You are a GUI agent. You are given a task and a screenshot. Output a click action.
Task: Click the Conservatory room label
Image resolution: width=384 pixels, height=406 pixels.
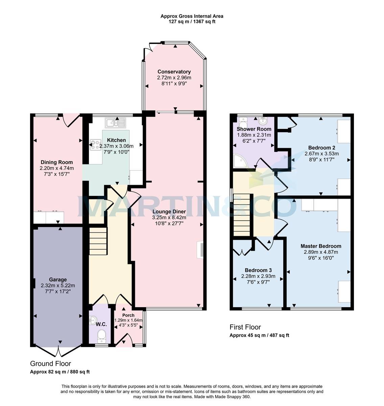click(174, 72)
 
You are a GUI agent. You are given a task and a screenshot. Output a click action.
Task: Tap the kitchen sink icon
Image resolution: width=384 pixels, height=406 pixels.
click(115, 123)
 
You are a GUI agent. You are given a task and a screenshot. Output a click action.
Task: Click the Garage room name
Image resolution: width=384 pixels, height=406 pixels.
click(58, 280)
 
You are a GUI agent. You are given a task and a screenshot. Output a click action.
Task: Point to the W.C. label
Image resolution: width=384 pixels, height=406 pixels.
click(101, 324)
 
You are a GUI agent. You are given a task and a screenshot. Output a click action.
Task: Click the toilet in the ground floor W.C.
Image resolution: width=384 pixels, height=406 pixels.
click(101, 336)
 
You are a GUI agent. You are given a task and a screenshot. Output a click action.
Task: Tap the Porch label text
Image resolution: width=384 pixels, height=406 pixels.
click(128, 315)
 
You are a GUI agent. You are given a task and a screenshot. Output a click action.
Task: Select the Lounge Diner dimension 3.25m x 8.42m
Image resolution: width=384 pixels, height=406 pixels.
click(169, 218)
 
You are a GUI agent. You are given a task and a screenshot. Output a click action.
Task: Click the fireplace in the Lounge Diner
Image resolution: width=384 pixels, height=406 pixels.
click(201, 250)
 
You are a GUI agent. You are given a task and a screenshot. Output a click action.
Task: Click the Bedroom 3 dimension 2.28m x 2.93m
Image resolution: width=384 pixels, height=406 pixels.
click(258, 276)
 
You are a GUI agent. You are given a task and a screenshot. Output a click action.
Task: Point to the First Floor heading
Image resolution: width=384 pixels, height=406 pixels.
click(245, 327)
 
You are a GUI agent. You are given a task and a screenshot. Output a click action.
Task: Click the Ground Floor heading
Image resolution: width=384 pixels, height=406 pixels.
click(51, 364)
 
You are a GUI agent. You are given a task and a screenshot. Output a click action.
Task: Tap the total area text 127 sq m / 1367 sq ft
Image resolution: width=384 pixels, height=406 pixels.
click(192, 22)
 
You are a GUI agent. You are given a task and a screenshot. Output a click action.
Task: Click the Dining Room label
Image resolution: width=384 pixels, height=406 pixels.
click(57, 162)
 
